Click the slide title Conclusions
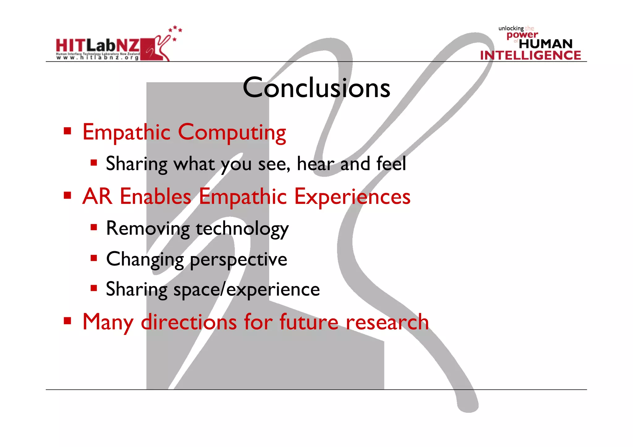(316, 88)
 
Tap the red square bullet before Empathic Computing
(67, 131)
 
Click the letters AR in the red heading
(97, 196)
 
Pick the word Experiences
(352, 197)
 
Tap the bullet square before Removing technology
(94, 228)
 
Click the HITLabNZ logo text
(98, 46)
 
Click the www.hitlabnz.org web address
(98, 58)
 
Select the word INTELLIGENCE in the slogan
(530, 55)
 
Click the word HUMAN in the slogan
(546, 44)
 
